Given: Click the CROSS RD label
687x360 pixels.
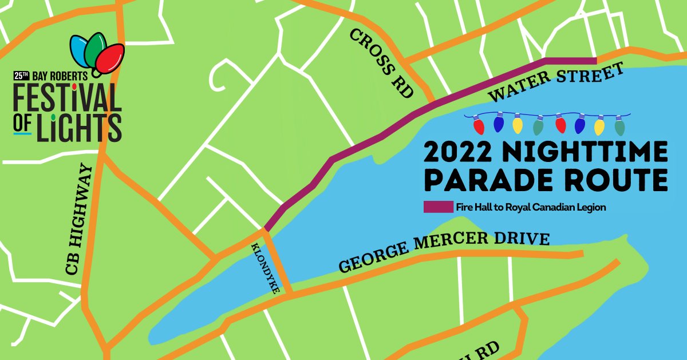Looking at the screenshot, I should tap(382, 63).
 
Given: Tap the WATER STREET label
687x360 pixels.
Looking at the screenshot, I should tap(556, 85).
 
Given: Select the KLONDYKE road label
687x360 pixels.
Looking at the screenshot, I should tap(265, 268).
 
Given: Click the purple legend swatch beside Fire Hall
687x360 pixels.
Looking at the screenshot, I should tap(438, 207).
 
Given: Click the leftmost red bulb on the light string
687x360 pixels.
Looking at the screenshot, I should tap(479, 125).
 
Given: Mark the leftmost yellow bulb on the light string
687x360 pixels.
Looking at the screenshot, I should tap(518, 124).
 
